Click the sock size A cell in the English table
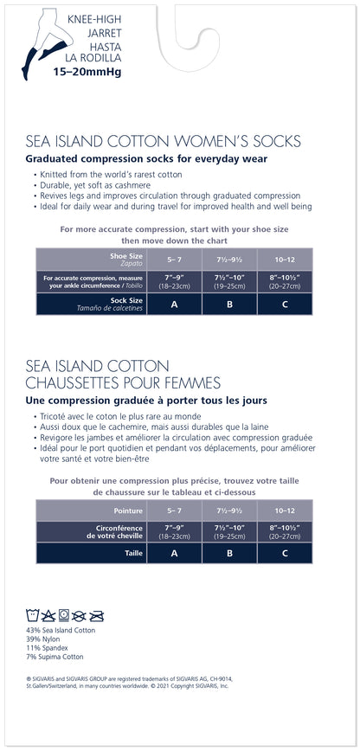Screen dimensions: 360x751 tap(174, 304)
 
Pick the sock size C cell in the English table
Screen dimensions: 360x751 tap(285, 304)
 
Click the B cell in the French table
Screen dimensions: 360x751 tap(229, 553)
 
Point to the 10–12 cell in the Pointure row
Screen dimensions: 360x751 tap(285, 510)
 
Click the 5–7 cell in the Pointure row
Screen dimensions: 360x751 tap(174, 510)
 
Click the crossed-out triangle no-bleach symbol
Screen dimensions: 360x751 tap(50, 616)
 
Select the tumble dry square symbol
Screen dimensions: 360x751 tap(65, 616)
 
